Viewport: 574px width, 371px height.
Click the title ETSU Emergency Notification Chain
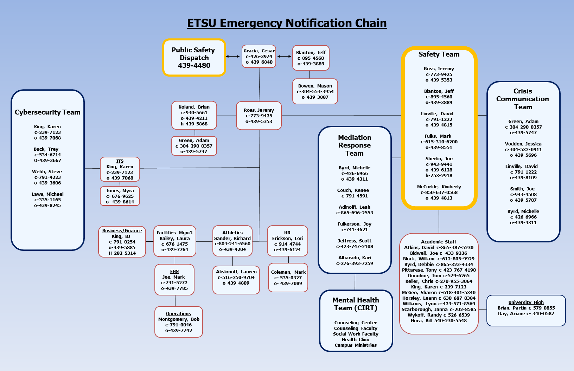pos(287,23)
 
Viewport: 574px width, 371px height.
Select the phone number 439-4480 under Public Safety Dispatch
pos(194,66)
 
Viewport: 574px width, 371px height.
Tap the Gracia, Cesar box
pos(259,56)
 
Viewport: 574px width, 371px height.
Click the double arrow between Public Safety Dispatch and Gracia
pos(232,56)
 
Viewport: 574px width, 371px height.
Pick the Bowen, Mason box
pos(315,91)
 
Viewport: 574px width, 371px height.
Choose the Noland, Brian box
pos(194,115)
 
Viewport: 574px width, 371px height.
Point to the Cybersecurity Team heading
pos(47,112)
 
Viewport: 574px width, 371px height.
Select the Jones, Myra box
pos(120,196)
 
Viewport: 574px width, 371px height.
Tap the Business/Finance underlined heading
pos(122,231)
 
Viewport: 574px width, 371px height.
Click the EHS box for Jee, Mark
pos(174,280)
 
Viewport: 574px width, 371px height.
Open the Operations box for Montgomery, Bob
pos(179,322)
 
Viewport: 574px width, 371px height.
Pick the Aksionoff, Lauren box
pos(236,280)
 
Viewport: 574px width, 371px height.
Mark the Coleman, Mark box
pos(288,278)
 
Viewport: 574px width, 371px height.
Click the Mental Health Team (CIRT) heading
pos(356,304)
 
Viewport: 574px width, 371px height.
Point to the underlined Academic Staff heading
pos(439,242)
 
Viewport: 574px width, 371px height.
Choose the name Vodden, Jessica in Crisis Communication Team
pos(523,144)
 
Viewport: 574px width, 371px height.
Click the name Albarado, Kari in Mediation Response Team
pos(355,258)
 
